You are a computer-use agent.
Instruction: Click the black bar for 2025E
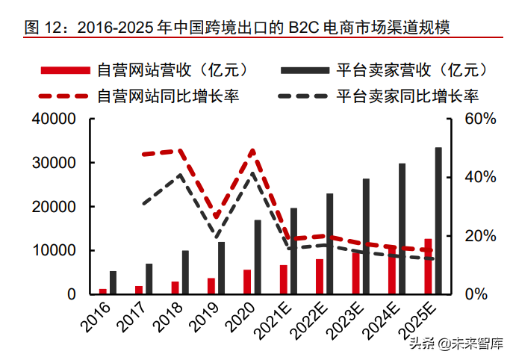point(438,221)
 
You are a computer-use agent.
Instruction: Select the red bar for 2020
point(246,282)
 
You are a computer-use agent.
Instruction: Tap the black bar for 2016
point(113,282)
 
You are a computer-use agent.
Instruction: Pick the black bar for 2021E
point(293,251)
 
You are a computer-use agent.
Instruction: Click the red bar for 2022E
point(319,276)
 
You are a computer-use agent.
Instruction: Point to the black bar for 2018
point(185,272)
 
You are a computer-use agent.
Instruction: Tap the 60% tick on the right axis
point(480,119)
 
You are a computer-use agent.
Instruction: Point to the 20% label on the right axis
point(480,236)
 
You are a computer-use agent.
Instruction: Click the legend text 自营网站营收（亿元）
point(172,71)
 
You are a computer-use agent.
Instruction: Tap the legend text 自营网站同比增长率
point(169,96)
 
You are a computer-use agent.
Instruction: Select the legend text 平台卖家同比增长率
point(408,96)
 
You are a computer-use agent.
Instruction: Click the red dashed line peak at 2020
point(252,151)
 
